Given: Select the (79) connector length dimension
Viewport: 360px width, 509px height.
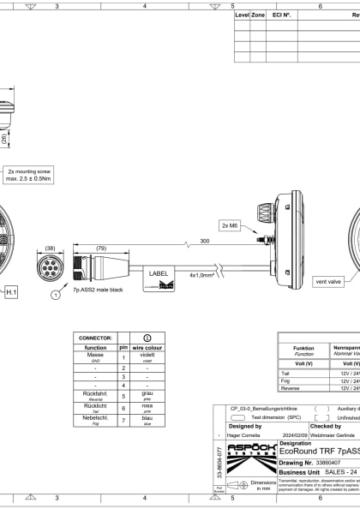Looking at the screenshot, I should coord(102,249).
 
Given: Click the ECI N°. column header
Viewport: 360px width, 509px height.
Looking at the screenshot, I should coord(281,15).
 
